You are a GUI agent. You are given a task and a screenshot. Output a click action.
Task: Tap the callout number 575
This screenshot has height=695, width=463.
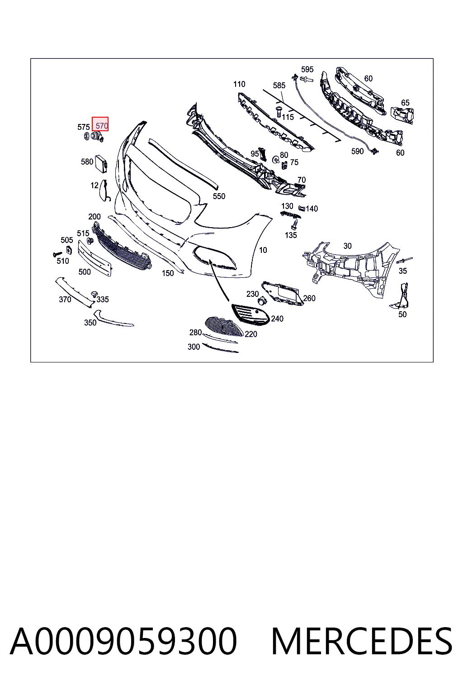pyautogui.click(x=83, y=127)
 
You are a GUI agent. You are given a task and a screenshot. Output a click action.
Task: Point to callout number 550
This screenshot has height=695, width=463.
pyautogui.click(x=219, y=196)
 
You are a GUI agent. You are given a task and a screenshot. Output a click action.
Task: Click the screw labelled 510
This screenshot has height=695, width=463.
pyautogui.click(x=57, y=254)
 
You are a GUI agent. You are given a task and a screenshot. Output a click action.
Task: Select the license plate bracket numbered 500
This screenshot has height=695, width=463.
pyautogui.click(x=94, y=258)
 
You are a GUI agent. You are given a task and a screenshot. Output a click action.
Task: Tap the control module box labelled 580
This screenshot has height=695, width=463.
pyautogui.click(x=101, y=163)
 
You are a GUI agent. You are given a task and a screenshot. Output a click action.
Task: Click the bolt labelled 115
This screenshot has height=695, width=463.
pyautogui.click(x=278, y=112)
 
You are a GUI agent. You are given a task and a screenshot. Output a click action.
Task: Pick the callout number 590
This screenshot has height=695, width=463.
pyautogui.click(x=357, y=151)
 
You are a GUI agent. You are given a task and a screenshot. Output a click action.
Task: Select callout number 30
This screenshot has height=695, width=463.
pyautogui.click(x=347, y=246)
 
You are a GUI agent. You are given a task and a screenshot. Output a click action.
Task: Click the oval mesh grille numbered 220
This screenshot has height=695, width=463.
pyautogui.click(x=224, y=326)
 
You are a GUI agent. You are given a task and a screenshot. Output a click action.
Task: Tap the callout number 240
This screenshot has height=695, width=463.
pyautogui.click(x=277, y=319)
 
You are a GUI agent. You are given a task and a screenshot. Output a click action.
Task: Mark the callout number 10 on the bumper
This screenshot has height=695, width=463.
pyautogui.click(x=263, y=250)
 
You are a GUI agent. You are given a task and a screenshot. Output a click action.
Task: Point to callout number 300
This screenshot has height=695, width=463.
pyautogui.click(x=194, y=347)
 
